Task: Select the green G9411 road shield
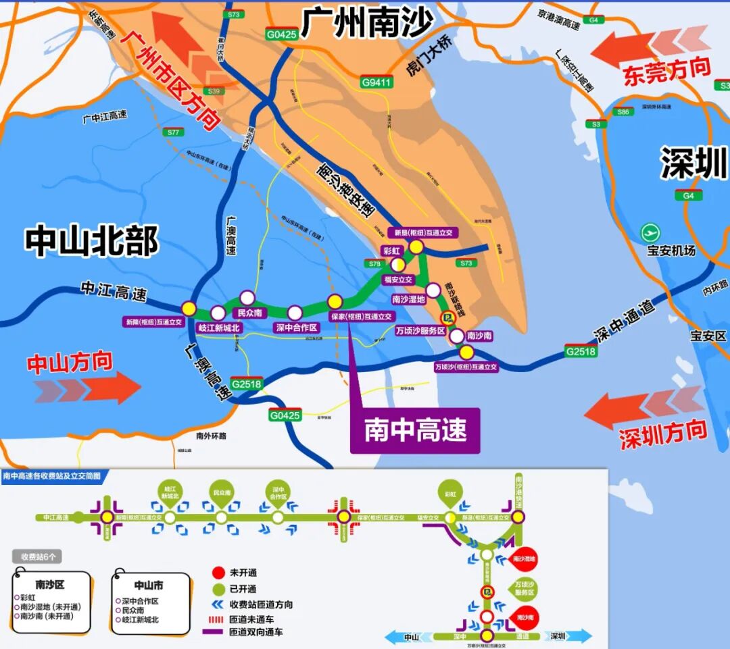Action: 376,82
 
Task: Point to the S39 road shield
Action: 214,91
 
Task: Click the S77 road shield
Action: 173,132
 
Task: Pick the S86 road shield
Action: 623,112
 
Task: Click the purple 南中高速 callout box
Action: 415,430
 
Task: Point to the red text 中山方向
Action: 70,363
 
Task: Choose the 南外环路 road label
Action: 210,436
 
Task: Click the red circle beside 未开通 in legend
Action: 216,574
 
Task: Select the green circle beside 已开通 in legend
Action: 216,589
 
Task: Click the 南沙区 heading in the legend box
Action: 49,584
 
